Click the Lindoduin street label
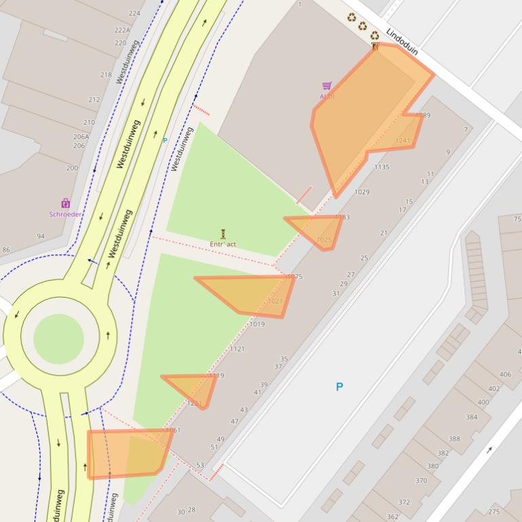coord(402,42)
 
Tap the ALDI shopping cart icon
coord(327,85)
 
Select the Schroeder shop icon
coord(65,203)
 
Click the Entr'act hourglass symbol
coord(223,234)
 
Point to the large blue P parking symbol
coord(339,386)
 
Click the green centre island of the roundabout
coord(58,338)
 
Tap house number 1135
coord(381,167)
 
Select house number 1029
coord(362,193)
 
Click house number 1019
coord(257,325)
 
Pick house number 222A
coord(122,31)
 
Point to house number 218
coord(106,75)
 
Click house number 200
coord(72,168)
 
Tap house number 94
coord(41,237)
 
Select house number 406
coord(505,375)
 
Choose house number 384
coord(471,418)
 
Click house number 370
coord(421,481)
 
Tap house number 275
coord(494,512)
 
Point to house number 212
coord(94,100)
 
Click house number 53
coord(200,466)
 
